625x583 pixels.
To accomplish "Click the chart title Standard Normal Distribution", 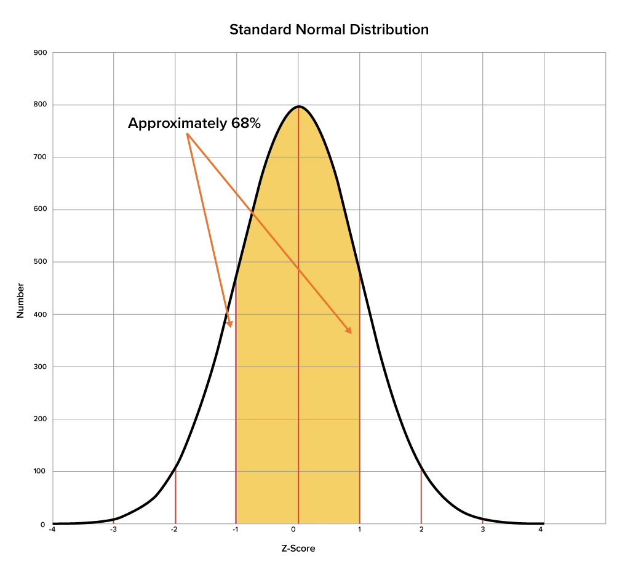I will (328, 30).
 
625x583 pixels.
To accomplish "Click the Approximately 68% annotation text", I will (194, 124).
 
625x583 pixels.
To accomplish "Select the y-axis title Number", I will (20, 301).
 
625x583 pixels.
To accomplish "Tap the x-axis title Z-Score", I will (298, 548).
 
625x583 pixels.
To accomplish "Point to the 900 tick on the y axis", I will (39, 53).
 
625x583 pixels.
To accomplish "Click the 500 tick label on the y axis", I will (39, 262).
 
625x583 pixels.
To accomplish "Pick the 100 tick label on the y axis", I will (39, 472).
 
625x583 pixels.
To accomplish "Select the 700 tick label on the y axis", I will (39, 157).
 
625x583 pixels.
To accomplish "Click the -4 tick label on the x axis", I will (52, 529).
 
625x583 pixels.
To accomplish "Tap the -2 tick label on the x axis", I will (175, 529).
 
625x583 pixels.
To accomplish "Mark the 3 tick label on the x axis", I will (482, 529).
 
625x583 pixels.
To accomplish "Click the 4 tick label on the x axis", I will (541, 529).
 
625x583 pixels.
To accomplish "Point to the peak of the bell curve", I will (299, 106).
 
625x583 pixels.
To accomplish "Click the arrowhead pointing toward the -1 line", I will (230, 324).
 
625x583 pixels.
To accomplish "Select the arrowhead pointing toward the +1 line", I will (349, 331).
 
